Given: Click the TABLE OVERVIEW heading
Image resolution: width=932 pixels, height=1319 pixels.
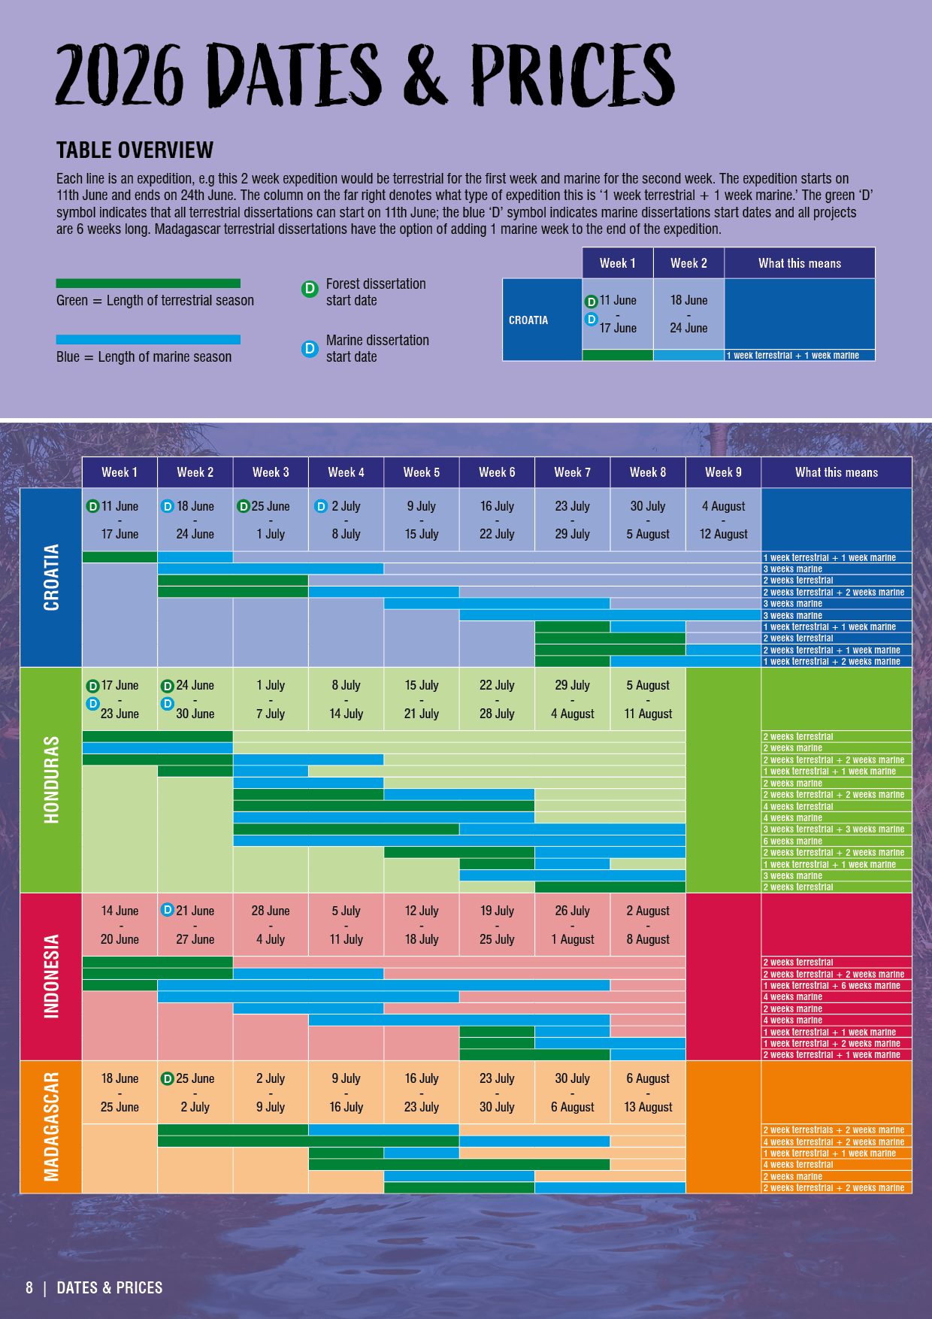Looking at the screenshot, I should pos(135,150).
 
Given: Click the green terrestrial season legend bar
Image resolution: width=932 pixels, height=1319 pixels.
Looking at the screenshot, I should pos(148,284).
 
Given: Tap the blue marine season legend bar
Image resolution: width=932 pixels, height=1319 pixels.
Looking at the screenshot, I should pos(148,340).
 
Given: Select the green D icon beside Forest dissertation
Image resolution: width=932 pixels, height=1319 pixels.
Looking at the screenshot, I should pos(310,289).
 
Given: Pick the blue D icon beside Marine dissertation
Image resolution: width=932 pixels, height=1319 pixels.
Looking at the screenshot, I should pos(310,348).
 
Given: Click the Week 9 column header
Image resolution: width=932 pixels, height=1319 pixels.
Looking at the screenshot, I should pos(723,472).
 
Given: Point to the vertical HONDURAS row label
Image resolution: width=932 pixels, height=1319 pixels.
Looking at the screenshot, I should pos(51,779).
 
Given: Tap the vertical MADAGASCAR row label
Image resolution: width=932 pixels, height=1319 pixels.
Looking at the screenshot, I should pos(51,1126).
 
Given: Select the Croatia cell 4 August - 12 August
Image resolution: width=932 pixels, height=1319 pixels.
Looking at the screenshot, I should pos(723,520).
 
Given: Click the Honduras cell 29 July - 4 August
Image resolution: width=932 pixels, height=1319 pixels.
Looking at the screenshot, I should pos(572,699).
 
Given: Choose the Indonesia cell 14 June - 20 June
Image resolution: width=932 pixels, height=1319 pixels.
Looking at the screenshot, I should pos(120,925).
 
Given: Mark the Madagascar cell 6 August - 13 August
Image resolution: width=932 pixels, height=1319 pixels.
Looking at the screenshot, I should pos(648,1093).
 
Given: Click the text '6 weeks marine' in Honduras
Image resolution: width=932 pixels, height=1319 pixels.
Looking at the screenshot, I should pos(793,841).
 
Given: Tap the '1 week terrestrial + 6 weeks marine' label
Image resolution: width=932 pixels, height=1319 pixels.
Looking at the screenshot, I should pos(831,985).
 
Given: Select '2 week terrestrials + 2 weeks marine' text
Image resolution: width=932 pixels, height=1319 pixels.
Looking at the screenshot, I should pos(834,1129).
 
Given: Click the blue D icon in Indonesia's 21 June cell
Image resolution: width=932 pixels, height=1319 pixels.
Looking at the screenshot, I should pos(168,910).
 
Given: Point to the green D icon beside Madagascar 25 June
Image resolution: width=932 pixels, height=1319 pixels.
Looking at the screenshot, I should pos(168,1078).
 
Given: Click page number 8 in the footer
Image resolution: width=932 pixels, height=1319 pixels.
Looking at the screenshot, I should pos(29,1287).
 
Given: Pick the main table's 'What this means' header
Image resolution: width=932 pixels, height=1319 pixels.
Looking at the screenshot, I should pos(836,472).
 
